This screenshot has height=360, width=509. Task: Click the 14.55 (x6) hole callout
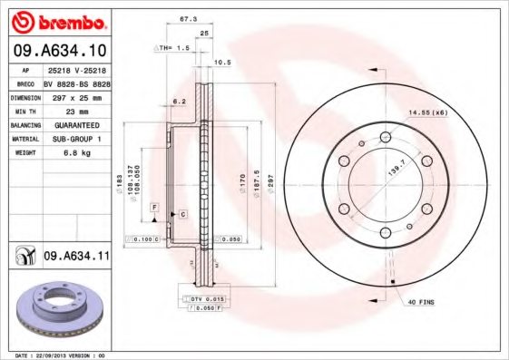(428, 112)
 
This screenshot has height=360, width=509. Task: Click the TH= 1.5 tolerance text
(171, 46)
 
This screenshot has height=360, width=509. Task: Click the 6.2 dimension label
(180, 102)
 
